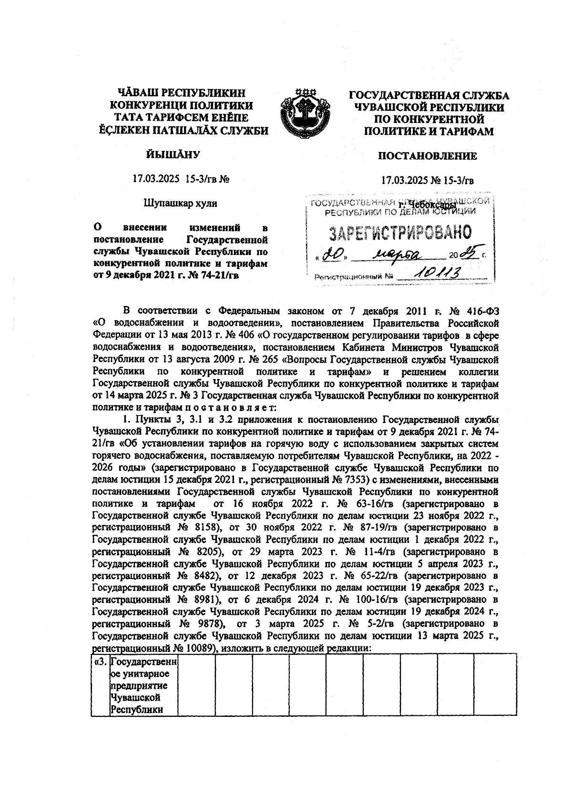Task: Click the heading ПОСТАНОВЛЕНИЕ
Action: (x=427, y=156)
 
